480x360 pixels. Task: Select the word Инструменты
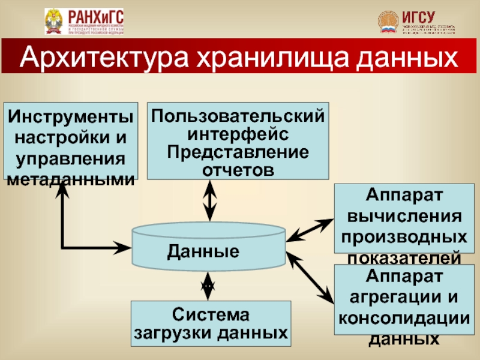[71, 115]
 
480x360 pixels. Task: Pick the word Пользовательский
[238, 114]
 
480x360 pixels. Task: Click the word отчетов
[238, 169]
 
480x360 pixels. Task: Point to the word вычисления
[404, 216]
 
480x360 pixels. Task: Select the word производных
[404, 236]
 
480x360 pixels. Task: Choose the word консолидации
[404, 317]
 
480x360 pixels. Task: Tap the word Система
[210, 313]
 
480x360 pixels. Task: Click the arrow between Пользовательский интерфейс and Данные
[209, 200]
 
